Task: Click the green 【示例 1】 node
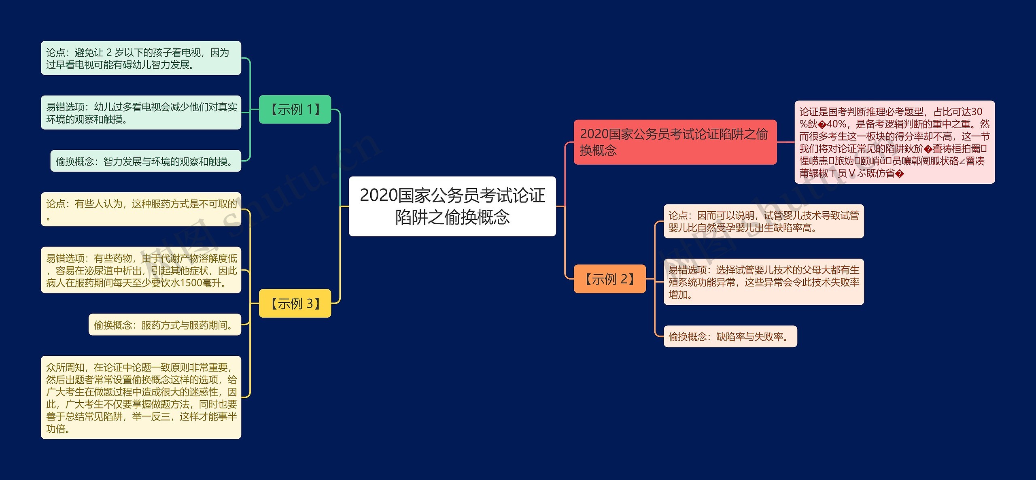[x=295, y=109]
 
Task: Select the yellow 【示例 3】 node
[x=295, y=303]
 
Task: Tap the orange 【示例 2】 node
[x=609, y=279]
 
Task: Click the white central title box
[x=452, y=206]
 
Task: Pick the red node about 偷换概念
[x=675, y=142]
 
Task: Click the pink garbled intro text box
[x=894, y=142]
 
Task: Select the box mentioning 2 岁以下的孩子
[x=141, y=58]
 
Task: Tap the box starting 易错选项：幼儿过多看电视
[x=141, y=113]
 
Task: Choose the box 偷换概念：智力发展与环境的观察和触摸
[x=146, y=161]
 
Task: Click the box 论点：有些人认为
[x=141, y=209]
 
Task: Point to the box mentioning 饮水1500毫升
[x=141, y=270]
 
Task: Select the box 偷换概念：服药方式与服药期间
[x=165, y=325]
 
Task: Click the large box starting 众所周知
[x=141, y=397]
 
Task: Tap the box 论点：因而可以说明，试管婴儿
[x=764, y=221]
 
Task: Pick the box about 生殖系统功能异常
[x=764, y=282]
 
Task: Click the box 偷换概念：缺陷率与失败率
[x=730, y=336]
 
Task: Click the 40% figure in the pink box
[x=836, y=124]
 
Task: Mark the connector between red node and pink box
[x=785, y=142]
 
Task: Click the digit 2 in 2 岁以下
[x=109, y=53]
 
